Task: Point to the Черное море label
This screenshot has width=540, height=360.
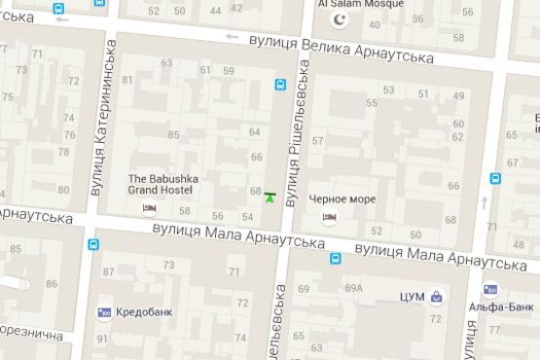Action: [x=342, y=198]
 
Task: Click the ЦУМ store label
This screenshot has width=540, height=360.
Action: [x=413, y=296]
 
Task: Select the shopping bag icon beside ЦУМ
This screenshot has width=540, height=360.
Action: [x=439, y=296]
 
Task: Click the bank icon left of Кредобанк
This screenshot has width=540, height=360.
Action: [x=104, y=312]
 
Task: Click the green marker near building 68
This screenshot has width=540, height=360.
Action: [x=270, y=198]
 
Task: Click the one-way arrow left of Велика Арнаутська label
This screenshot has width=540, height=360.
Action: [x=232, y=37]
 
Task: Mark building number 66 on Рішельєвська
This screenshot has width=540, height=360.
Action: [x=257, y=157]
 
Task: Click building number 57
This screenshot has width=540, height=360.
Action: [x=317, y=141]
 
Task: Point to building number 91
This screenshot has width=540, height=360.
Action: [x=102, y=339]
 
